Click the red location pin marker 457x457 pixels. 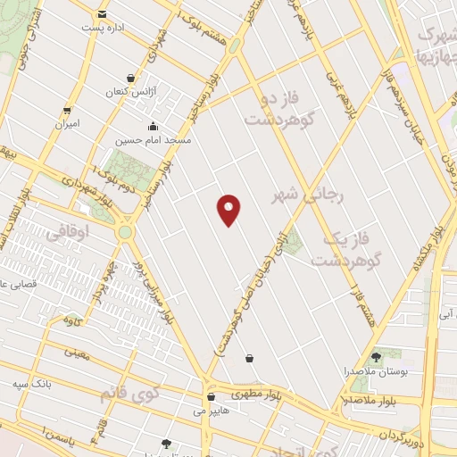click(229, 209)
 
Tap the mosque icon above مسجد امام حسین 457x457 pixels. click(154, 125)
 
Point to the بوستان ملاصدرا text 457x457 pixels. click(382, 372)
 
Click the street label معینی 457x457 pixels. click(78, 353)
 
